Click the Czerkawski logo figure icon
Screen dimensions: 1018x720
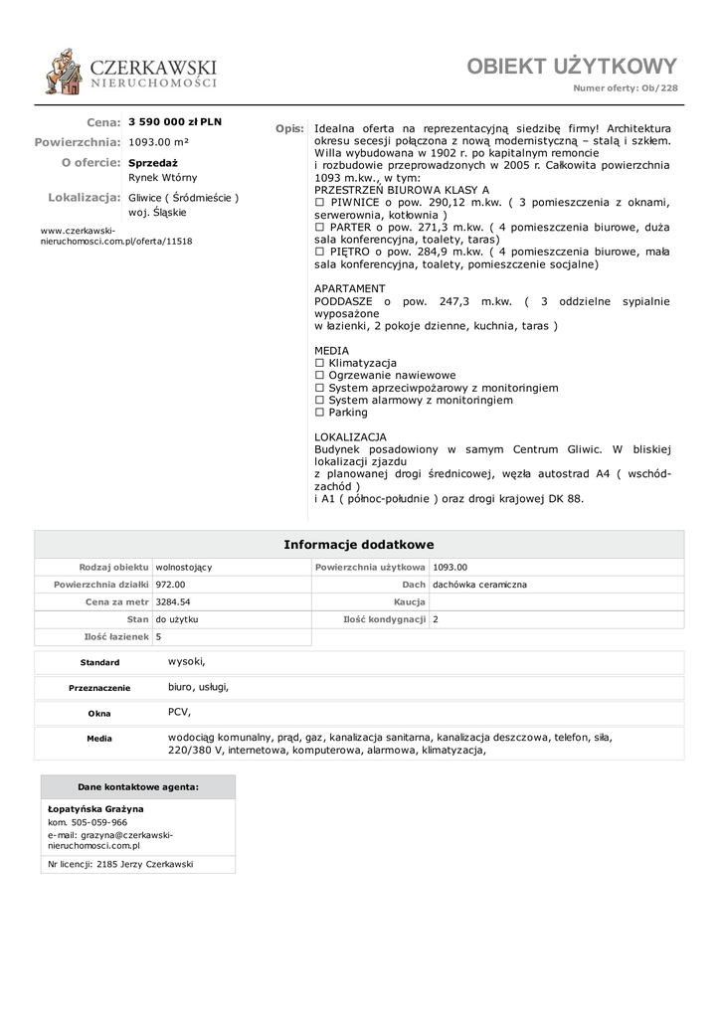pos(66,72)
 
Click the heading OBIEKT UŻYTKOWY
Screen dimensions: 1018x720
pos(572,67)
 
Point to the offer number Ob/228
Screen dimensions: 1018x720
pos(659,88)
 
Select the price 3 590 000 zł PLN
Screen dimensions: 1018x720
pos(176,121)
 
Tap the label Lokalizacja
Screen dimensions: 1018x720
pos(84,197)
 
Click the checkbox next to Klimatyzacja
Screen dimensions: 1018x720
pos(319,364)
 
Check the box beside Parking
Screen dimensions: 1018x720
pos(319,413)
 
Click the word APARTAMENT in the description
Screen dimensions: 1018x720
pos(349,288)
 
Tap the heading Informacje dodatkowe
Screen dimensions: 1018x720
pos(359,545)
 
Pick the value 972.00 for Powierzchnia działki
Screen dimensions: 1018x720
pos(170,585)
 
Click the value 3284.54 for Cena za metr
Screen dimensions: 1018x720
pos(173,601)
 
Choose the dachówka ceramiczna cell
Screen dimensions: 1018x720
pos(479,585)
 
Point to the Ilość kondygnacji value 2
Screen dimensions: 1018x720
pos(436,618)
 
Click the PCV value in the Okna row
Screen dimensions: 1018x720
pos(179,712)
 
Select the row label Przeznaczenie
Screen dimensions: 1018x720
pos(99,688)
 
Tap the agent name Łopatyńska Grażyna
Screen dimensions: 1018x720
pos(95,809)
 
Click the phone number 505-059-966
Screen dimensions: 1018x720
pos(96,823)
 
